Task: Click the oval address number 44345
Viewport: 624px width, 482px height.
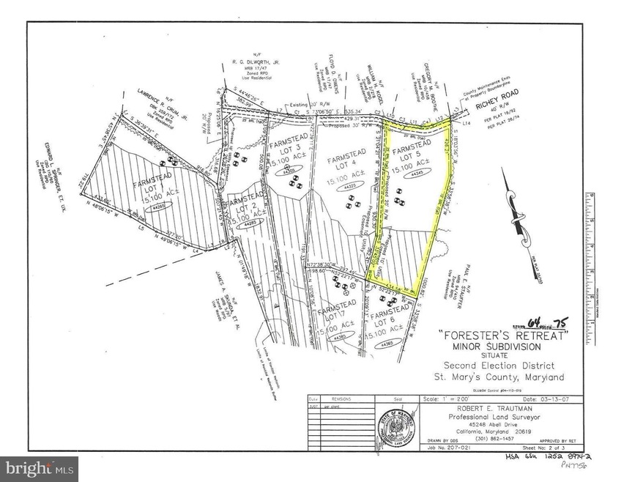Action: [x=417, y=174]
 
